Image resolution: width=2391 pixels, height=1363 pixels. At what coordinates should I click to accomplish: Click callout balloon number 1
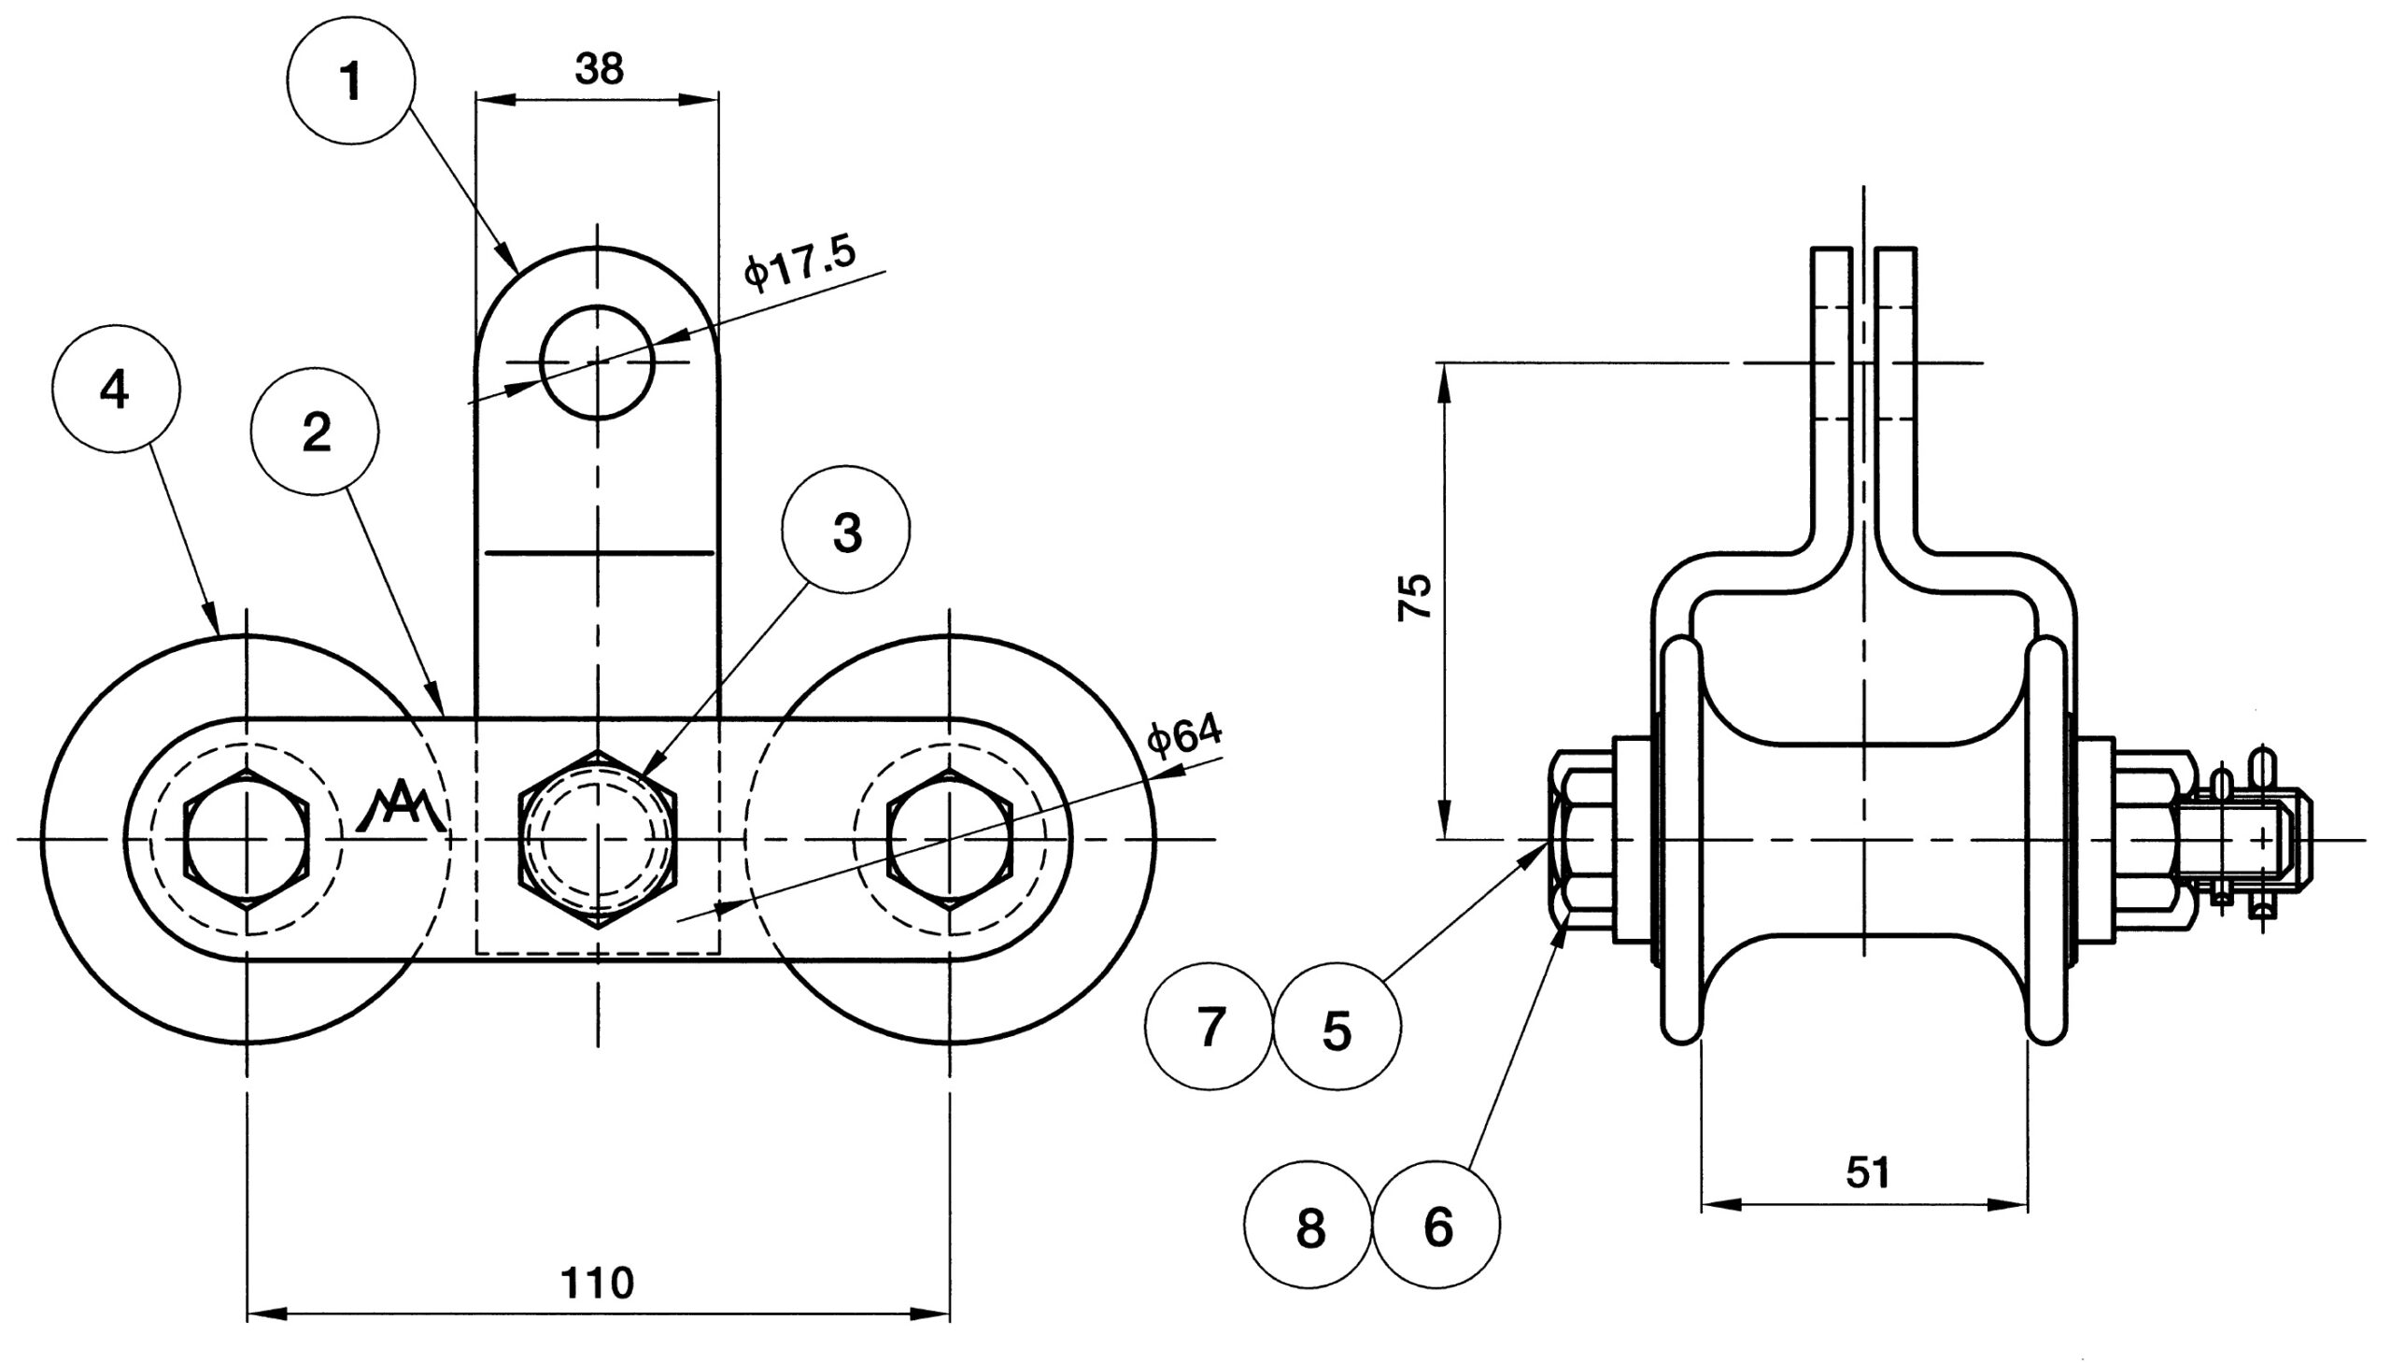coord(351,80)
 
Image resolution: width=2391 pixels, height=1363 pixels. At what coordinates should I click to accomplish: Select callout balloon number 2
coord(316,433)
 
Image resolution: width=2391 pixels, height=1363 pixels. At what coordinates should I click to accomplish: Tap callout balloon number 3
coord(846,530)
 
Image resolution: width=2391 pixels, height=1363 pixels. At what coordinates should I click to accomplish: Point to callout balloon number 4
coord(115,388)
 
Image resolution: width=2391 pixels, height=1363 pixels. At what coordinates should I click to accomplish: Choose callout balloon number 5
coord(1337,1026)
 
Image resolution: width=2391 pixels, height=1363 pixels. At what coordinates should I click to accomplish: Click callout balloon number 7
coord(1210,1026)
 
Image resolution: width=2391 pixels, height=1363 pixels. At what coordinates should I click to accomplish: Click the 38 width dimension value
coord(599,69)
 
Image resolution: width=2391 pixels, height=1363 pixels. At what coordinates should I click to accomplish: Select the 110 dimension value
coord(597,1283)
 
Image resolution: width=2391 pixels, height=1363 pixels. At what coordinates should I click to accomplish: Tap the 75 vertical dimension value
coord(1414,596)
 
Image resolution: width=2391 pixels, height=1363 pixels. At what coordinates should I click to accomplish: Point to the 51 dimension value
coord(1867,1172)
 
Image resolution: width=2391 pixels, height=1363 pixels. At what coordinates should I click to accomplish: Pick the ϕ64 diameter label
coord(1184,735)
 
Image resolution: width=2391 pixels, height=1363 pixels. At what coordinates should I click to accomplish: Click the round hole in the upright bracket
coord(597,362)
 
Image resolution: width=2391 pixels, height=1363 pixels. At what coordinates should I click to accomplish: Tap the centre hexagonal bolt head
coord(597,838)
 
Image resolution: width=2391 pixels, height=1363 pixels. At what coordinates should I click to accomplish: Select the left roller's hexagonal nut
coord(247,839)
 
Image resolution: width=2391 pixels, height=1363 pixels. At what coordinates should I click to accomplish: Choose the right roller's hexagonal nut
coord(949,839)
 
